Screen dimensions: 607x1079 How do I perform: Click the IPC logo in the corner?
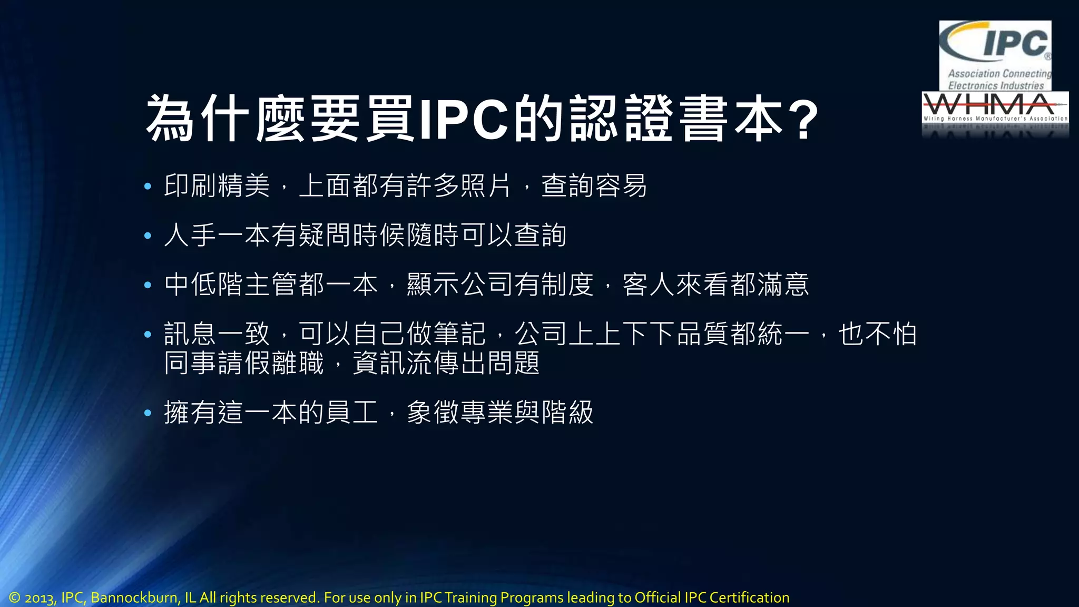click(995, 55)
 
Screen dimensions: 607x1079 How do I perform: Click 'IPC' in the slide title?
click(464, 119)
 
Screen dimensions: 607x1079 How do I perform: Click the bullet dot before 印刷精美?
click(148, 186)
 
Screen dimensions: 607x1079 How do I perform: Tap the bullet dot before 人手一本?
click(148, 236)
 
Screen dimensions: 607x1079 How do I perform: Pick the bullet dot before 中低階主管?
click(148, 285)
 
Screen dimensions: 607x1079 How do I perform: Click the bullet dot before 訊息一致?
click(148, 334)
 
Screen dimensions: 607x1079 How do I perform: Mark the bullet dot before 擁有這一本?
click(148, 413)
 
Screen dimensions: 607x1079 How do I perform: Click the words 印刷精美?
click(217, 186)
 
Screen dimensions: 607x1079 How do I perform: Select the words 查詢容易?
click(594, 186)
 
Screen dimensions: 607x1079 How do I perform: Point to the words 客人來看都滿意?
click(715, 285)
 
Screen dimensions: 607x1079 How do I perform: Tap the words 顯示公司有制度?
click(500, 285)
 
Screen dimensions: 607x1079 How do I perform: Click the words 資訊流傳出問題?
click(446, 363)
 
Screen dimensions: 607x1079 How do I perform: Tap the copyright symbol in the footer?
click(14, 598)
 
